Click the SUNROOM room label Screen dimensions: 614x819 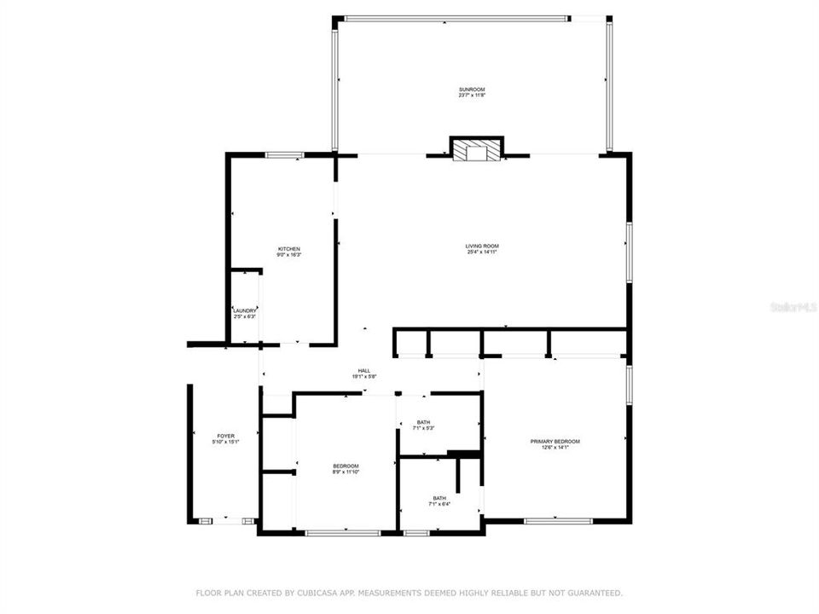tap(472, 89)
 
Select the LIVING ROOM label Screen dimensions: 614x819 tap(482, 246)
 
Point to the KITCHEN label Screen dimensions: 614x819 tap(288, 248)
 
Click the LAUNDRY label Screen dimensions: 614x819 tap(245, 310)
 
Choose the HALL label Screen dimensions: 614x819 tap(363, 370)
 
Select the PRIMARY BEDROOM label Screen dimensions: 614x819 tap(555, 441)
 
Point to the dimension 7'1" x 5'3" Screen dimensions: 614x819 tap(424, 429)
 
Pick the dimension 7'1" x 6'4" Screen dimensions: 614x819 tap(439, 504)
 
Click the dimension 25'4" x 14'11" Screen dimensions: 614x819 tap(482, 252)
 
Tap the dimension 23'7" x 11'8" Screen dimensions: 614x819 tap(472, 96)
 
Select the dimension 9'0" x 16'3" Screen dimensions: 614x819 tap(288, 255)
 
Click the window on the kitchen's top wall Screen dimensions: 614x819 tap(284, 154)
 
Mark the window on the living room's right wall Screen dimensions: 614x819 tap(629, 252)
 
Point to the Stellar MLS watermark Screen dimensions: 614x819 tap(793, 304)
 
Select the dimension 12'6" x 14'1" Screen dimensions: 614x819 tap(555, 448)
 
